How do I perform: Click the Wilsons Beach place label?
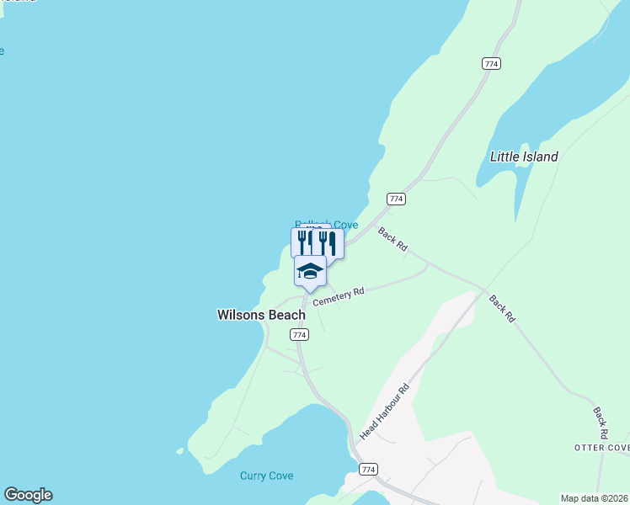coord(261,316)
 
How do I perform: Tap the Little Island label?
coord(524,157)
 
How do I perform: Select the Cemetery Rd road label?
coord(338,297)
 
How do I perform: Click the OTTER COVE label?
coord(601,448)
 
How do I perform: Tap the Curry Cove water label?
coord(266,476)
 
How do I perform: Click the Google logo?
coord(28,495)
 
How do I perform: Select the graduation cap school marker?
coord(310,271)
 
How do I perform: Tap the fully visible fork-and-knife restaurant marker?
coord(328,243)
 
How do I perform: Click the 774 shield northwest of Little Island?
coord(492,64)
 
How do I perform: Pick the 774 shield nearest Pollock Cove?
coord(397,199)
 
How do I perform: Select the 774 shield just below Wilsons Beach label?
coord(299,335)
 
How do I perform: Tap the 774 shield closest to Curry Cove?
coord(367,469)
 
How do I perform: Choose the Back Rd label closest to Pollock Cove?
coord(392,240)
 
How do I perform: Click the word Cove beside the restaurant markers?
coord(345,225)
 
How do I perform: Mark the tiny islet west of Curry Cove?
coord(179,451)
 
